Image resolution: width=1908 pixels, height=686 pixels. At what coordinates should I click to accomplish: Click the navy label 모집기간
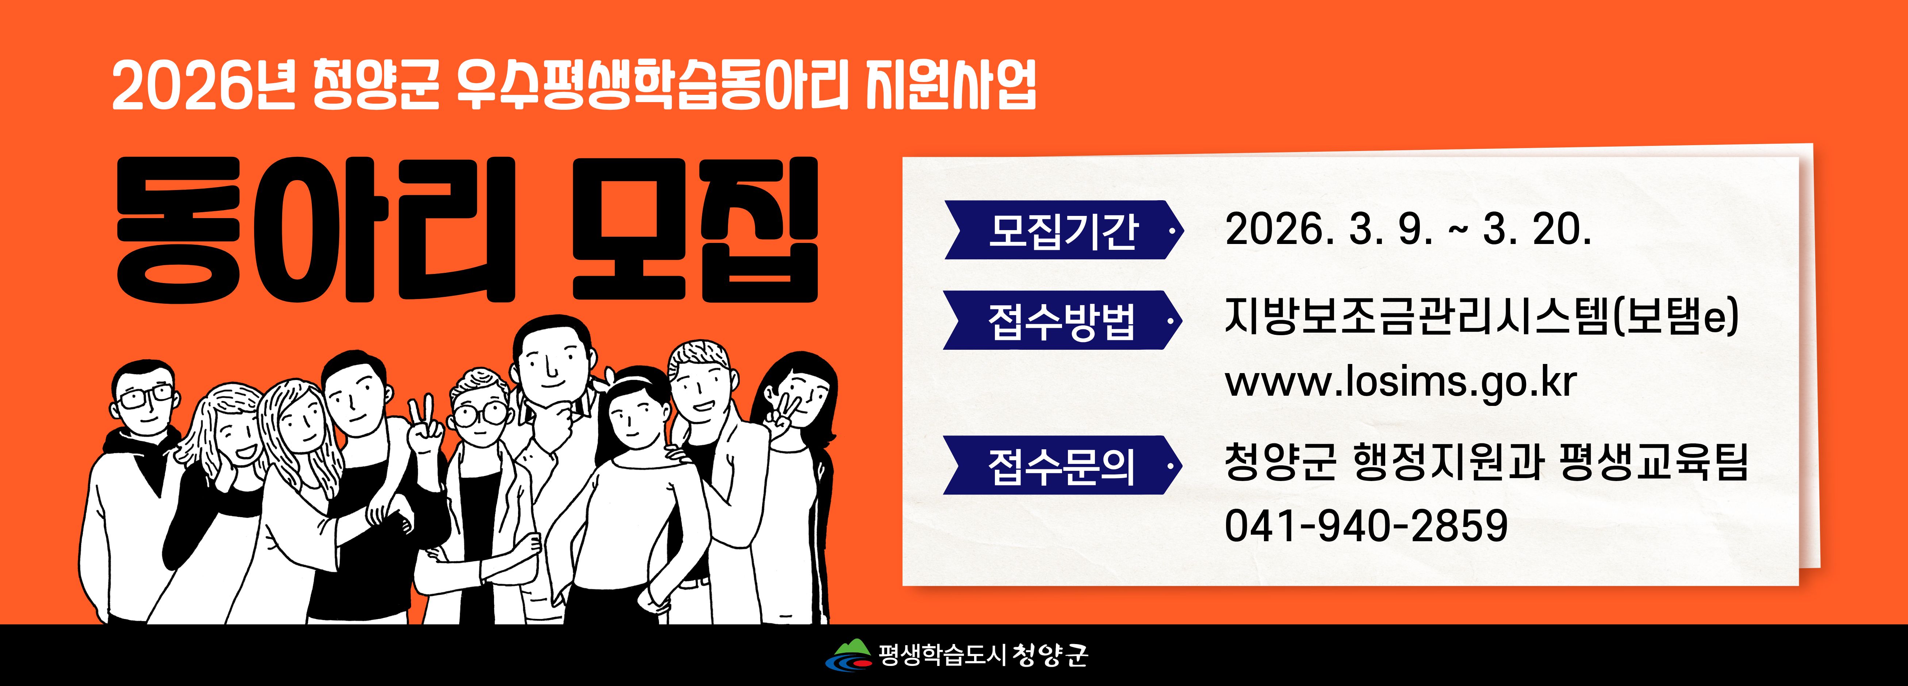point(1064,230)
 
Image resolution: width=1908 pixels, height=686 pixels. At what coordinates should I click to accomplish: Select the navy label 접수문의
point(1062,465)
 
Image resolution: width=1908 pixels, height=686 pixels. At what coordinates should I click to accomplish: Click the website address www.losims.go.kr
point(1400,382)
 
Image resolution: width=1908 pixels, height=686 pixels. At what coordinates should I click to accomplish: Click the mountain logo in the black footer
point(849,654)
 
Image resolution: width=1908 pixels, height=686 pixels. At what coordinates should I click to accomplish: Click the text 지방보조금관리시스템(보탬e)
point(1481,317)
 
